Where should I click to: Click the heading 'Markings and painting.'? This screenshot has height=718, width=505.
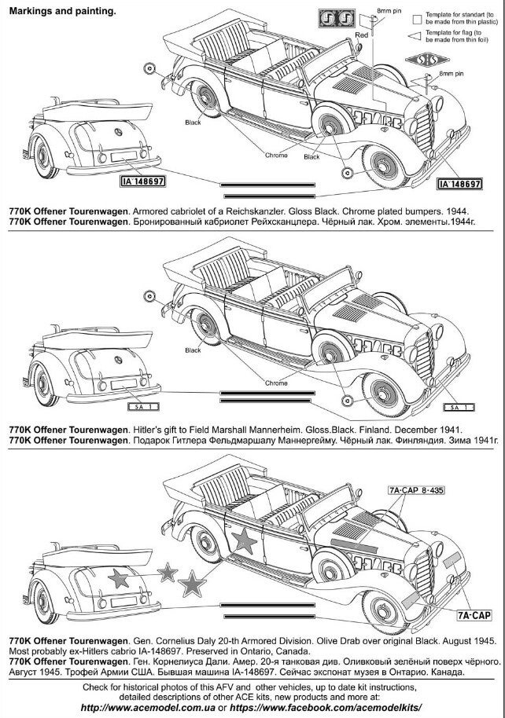(x=62, y=12)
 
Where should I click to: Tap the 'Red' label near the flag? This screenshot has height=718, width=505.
(x=361, y=35)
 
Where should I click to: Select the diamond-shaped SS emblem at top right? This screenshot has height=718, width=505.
(x=427, y=60)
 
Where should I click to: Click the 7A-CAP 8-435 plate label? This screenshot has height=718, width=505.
(x=416, y=490)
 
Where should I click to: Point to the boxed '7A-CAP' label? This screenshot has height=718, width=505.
(x=474, y=615)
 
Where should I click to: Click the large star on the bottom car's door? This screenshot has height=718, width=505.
(x=245, y=540)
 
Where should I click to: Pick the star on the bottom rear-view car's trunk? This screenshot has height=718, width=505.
(x=119, y=578)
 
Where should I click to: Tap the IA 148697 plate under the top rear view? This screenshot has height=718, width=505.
(x=142, y=181)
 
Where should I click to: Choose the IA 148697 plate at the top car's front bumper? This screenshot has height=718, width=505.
(x=459, y=184)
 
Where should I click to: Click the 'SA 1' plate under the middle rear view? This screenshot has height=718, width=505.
(x=142, y=407)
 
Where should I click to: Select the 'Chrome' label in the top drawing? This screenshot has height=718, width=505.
(x=276, y=156)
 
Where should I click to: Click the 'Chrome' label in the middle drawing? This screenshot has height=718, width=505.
(x=276, y=383)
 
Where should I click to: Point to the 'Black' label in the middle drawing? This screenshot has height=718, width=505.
(x=193, y=350)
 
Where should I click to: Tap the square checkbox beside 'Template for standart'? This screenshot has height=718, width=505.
(x=417, y=20)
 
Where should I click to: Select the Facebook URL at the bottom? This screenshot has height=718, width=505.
(x=326, y=708)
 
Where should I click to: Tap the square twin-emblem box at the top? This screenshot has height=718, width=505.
(x=337, y=19)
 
